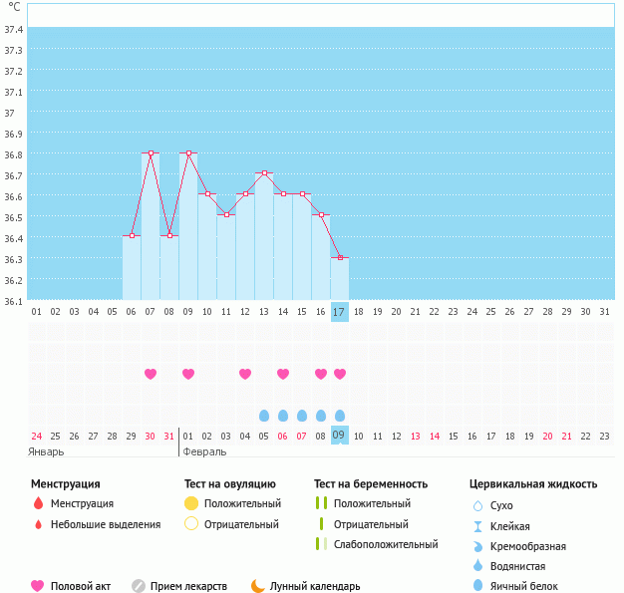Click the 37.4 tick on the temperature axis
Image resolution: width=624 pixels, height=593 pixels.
tap(14, 30)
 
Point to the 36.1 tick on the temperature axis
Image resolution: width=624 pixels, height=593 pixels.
tap(14, 301)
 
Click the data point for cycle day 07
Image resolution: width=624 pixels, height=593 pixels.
tap(151, 152)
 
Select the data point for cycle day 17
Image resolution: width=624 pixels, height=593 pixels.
tap(340, 257)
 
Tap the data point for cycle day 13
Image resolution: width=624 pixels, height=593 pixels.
tap(264, 173)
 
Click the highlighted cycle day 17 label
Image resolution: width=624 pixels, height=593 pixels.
tap(340, 312)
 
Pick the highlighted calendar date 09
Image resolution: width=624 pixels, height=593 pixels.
tap(340, 435)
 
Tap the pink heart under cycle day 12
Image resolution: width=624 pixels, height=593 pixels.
tap(245, 374)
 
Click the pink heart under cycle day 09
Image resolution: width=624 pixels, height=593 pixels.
tap(188, 374)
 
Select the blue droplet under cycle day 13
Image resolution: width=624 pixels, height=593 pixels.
tap(264, 415)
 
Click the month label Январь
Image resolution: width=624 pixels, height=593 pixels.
tap(46, 450)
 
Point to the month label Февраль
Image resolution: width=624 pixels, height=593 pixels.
tap(205, 450)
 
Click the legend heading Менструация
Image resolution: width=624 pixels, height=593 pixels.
tap(65, 484)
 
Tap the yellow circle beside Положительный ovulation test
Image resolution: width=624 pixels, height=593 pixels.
tap(191, 503)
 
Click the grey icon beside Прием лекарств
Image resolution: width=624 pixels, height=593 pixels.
tap(139, 586)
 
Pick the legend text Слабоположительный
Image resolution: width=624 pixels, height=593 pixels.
tap(386, 544)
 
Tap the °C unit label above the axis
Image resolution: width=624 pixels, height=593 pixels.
tap(14, 7)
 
